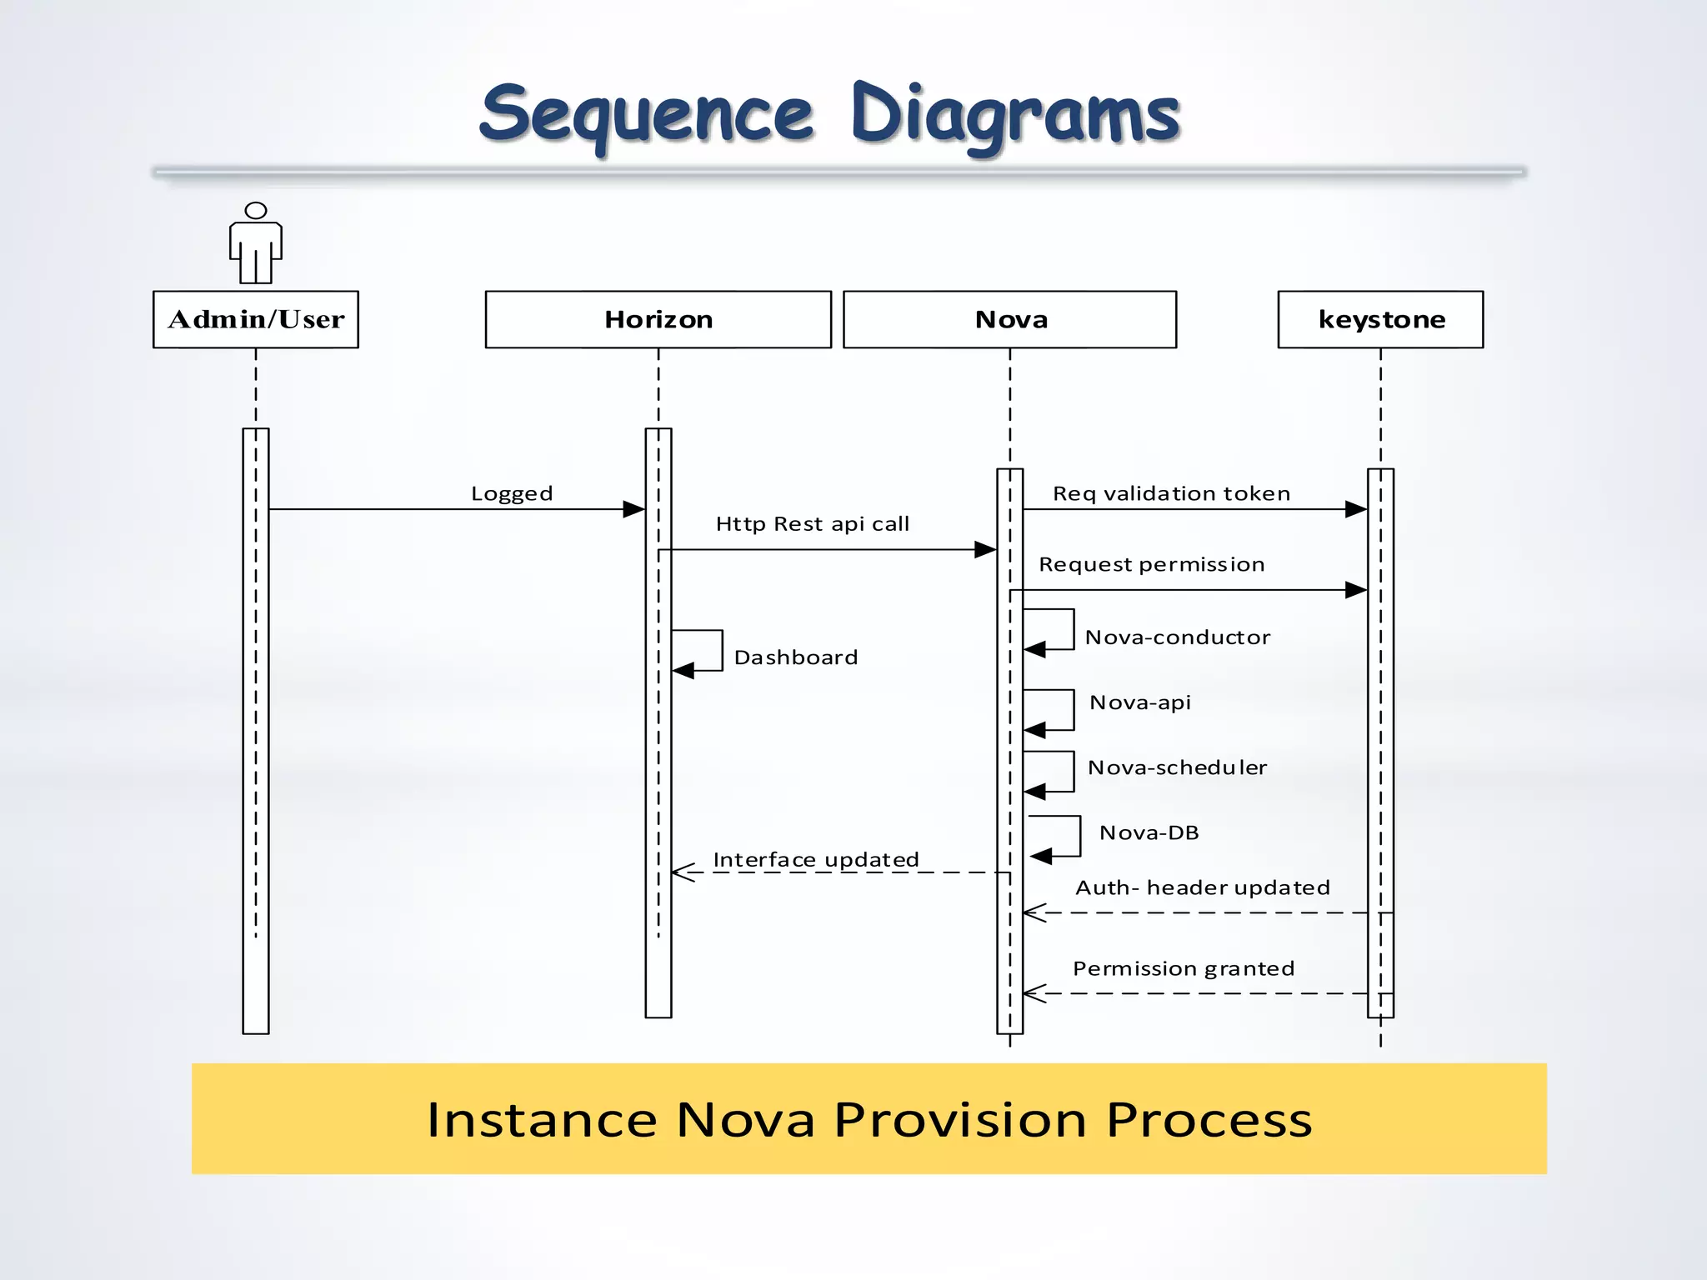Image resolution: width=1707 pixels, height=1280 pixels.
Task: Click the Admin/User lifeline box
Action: pyautogui.click(x=256, y=319)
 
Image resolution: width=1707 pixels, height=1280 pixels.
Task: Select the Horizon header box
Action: pyautogui.click(x=658, y=319)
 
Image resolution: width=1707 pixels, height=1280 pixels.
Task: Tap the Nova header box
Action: pyautogui.click(x=1009, y=319)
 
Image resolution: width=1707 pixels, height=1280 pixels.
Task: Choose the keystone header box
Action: pyautogui.click(x=1380, y=319)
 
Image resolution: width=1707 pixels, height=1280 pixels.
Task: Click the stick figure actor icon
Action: pyautogui.click(x=256, y=243)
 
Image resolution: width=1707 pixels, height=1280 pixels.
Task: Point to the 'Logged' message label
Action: pyautogui.click(x=512, y=493)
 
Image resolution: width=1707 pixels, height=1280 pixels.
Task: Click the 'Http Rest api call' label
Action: pyautogui.click(x=812, y=524)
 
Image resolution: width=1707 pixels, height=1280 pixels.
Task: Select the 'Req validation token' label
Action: pyautogui.click(x=1171, y=493)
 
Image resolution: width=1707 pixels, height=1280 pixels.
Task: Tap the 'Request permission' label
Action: pyautogui.click(x=1151, y=564)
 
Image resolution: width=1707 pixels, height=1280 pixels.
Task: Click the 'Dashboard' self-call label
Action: pyautogui.click(x=795, y=657)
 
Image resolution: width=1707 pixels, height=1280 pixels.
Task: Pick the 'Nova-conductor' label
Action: pyautogui.click(x=1177, y=637)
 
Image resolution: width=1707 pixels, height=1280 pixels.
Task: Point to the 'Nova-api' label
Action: pyautogui.click(x=1139, y=702)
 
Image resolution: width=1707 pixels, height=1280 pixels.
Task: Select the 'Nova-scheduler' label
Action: pyautogui.click(x=1177, y=767)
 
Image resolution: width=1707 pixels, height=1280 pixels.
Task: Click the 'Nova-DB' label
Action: pyautogui.click(x=1149, y=832)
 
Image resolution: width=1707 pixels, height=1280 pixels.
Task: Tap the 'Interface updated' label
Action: pyautogui.click(x=815, y=859)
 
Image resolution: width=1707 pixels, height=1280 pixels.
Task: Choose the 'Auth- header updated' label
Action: pyautogui.click(x=1202, y=887)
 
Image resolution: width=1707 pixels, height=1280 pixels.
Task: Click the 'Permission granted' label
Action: pyautogui.click(x=1183, y=968)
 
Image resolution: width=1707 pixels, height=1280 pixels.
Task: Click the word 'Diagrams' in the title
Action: pyautogui.click(x=1015, y=115)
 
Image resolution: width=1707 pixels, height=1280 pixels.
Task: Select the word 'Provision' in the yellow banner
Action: pyautogui.click(x=960, y=1119)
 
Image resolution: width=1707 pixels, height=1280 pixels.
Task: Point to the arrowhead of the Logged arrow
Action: pyautogui.click(x=634, y=509)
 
